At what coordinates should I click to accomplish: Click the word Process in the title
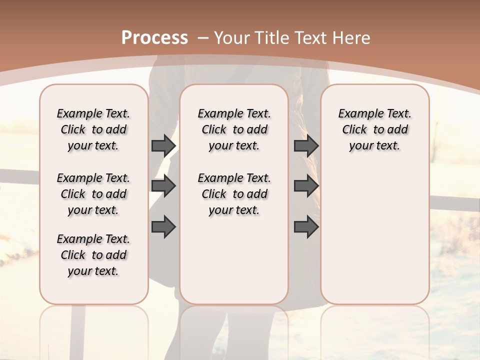[154, 38]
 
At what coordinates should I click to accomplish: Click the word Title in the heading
[270, 38]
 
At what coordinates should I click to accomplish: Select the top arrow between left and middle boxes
[163, 145]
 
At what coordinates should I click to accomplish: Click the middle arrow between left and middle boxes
[163, 186]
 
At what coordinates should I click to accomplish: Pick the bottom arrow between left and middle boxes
[163, 227]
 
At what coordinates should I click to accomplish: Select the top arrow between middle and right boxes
[306, 145]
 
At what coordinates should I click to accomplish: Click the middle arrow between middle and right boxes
[306, 186]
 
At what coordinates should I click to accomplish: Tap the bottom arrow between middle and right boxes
[306, 227]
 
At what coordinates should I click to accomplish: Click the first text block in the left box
[93, 129]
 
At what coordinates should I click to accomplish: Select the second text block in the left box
[93, 194]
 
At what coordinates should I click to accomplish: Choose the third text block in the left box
[93, 255]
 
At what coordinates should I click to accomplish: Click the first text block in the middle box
[234, 129]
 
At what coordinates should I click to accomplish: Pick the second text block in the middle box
[234, 194]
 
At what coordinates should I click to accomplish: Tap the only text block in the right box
[374, 129]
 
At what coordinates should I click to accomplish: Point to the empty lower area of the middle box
[234, 260]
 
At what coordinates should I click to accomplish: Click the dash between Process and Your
[203, 38]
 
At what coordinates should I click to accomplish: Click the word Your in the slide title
[232, 38]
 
